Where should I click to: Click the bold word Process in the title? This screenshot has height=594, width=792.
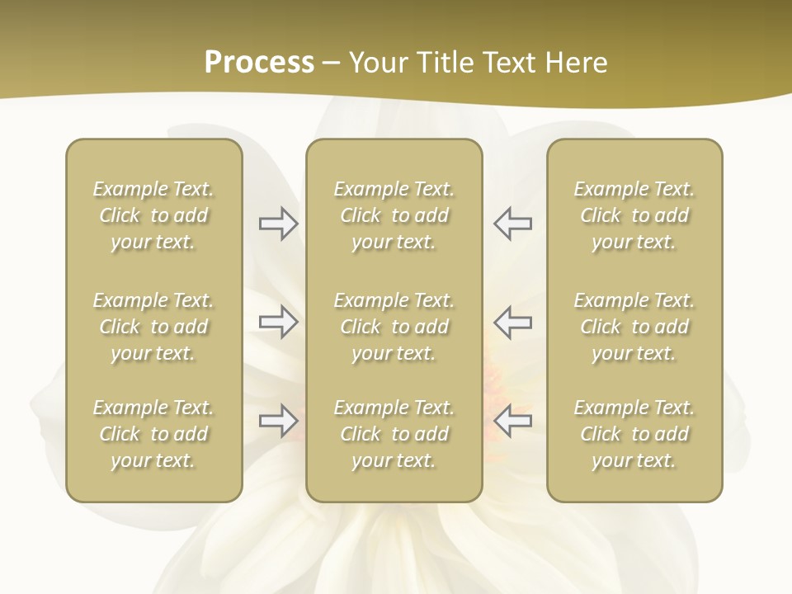click(x=259, y=63)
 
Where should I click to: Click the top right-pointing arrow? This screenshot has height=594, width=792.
click(x=278, y=224)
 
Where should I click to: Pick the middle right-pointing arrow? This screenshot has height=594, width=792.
click(x=278, y=322)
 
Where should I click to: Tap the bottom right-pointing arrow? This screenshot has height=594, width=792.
click(x=278, y=421)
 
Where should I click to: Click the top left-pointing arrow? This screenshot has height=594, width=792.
click(x=512, y=224)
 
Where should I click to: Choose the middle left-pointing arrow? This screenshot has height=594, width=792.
click(x=512, y=322)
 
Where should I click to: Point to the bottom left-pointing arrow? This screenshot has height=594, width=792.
click(x=512, y=421)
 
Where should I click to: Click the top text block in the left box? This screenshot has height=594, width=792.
click(x=153, y=215)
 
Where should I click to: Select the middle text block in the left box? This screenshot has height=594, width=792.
click(x=153, y=327)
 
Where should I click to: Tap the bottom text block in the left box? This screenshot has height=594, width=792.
click(x=153, y=434)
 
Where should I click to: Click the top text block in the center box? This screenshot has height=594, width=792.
click(x=394, y=215)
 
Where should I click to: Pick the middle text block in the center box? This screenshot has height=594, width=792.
click(x=394, y=327)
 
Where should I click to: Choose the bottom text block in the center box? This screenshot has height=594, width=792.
click(x=394, y=434)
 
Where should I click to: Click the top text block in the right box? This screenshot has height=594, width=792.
click(x=634, y=215)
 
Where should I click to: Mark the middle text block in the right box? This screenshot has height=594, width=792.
click(x=634, y=327)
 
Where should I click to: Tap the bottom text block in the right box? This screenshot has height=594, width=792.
click(x=634, y=434)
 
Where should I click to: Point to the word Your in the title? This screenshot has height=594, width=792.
click(x=376, y=63)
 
